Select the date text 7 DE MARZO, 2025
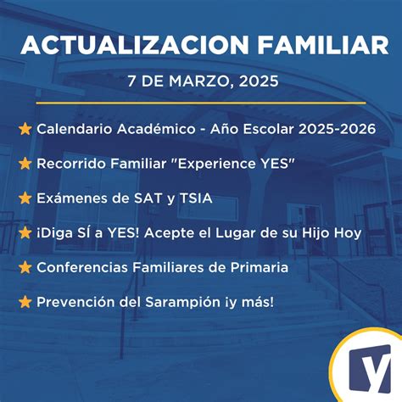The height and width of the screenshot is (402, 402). pos(202,83)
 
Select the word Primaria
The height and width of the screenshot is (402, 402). pos(257,267)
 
